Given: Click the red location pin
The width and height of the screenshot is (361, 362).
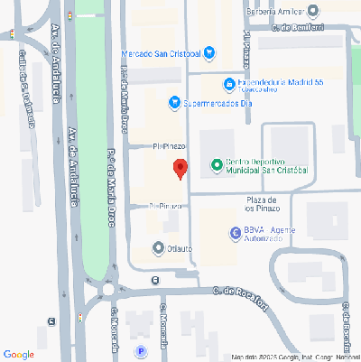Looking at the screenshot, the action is pyautogui.click(x=180, y=168).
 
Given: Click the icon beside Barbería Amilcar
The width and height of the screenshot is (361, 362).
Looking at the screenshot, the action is pyautogui.click(x=313, y=11).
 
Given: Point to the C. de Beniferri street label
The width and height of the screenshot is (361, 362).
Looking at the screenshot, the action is pyautogui.click(x=297, y=29).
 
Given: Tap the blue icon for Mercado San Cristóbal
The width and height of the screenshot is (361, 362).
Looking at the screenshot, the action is pyautogui.click(x=209, y=51).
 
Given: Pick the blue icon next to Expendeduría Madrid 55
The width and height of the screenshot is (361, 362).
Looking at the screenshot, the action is pyautogui.click(x=230, y=84).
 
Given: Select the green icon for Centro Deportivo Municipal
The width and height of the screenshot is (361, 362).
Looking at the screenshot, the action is pyautogui.click(x=217, y=164).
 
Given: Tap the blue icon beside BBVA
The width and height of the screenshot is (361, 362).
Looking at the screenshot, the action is pyautogui.click(x=234, y=232).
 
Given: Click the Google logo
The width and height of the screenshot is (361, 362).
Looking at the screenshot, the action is pyautogui.click(x=19, y=353).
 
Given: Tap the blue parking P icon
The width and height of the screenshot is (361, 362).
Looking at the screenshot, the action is pyautogui.click(x=140, y=352).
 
